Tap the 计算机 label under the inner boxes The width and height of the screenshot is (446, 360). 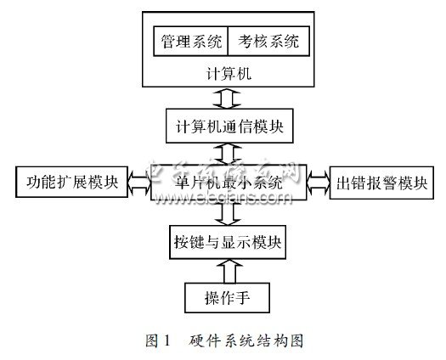coord(227,72)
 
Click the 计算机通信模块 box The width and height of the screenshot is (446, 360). coord(227,127)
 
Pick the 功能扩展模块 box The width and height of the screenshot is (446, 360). coord(71,183)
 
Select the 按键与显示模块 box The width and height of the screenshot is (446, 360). coord(227,242)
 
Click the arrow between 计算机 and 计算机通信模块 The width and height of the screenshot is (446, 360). coord(227,100)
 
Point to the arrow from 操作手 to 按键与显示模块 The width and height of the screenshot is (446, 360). coord(227,271)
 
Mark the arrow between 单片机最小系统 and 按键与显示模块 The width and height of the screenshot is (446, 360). coord(227,214)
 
